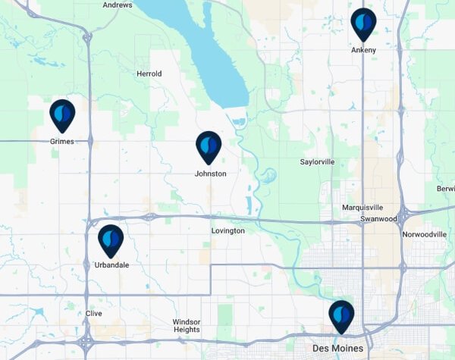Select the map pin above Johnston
(209, 146)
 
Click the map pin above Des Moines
(341, 316)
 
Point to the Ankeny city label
(363, 50)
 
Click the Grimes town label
(61, 141)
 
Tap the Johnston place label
(210, 174)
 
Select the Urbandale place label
(111, 265)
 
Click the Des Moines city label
(337, 349)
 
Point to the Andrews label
(117, 5)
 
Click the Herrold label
(149, 74)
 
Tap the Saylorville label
(317, 162)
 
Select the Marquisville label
(362, 207)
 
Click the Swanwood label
(378, 218)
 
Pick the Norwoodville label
(425, 235)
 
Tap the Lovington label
(227, 230)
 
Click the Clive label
(94, 313)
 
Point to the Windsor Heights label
(187, 325)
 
